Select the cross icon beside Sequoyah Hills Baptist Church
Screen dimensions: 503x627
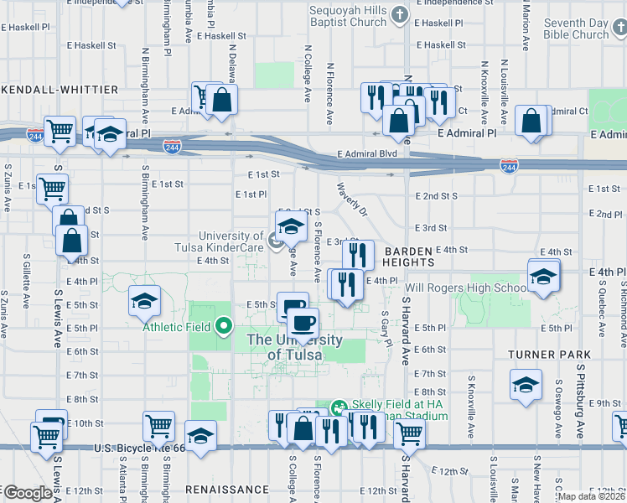coord(400,14)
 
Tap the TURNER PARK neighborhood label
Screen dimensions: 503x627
coord(544,355)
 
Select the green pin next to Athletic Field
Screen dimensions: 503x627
coord(224,326)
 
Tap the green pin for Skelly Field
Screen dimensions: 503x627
coord(339,408)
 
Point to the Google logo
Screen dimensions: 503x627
coord(28,494)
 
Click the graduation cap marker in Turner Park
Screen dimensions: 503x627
coord(526,386)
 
